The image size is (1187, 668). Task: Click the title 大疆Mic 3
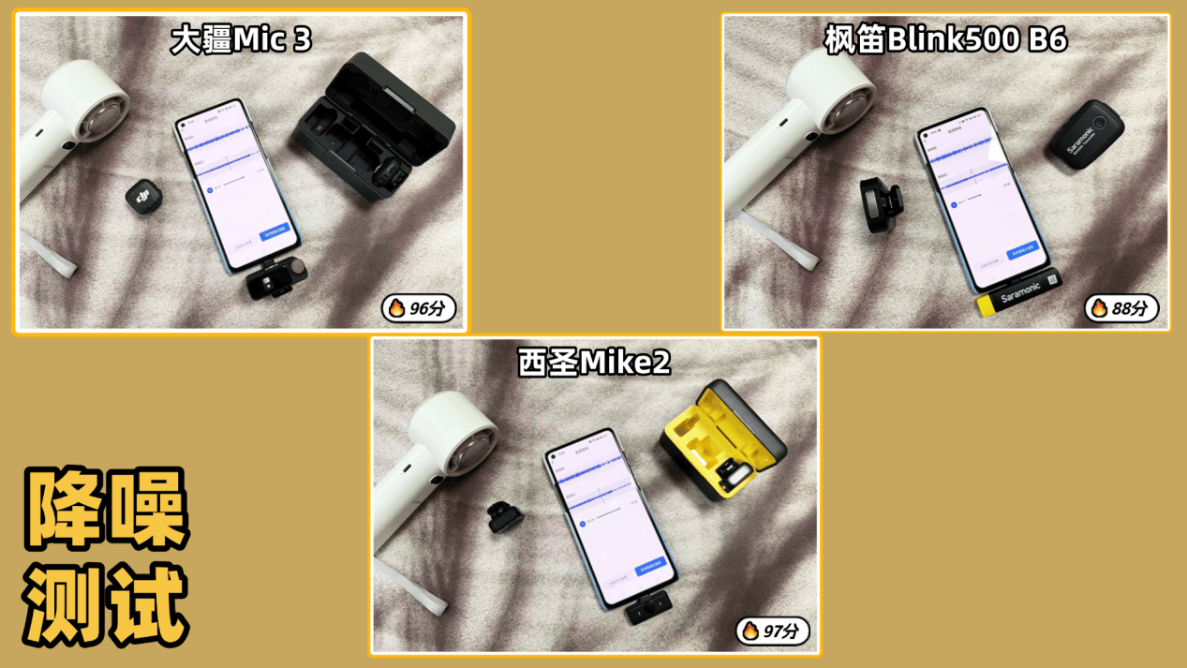(x=240, y=40)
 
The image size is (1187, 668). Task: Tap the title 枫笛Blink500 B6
(x=945, y=40)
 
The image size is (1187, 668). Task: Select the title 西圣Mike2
(x=595, y=363)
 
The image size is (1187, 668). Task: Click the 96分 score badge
(x=419, y=308)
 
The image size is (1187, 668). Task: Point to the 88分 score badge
(x=1121, y=308)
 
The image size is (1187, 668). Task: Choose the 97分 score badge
(x=772, y=631)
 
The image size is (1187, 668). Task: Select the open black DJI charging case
(x=373, y=126)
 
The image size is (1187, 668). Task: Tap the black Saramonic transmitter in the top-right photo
(x=1085, y=134)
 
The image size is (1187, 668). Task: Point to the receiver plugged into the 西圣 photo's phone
(x=643, y=611)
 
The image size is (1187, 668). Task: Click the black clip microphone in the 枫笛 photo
(x=882, y=205)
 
